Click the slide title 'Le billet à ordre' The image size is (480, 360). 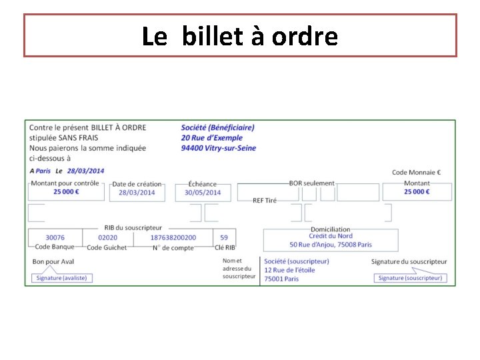coord(240,36)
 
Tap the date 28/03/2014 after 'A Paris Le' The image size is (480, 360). coord(85,171)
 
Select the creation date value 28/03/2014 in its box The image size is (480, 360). coord(137,193)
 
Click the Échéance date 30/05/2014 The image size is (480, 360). coord(203,193)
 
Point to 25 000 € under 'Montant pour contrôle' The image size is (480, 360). coord(66,192)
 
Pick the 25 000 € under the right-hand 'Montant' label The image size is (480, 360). coord(417,192)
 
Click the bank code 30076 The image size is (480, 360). coord(55,237)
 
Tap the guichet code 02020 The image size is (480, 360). coord(107,237)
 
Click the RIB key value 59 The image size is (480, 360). coord(224,237)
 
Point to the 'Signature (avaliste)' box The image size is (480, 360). coord(61,278)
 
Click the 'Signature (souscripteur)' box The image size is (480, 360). coord(410,278)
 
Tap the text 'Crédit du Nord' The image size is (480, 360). coord(331,236)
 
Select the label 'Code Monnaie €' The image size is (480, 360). coord(417,173)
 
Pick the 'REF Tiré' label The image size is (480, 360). coord(265,201)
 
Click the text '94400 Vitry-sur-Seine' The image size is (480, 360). coord(219,148)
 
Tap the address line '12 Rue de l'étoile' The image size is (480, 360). coord(289,270)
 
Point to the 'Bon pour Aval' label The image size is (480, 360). coord(53,262)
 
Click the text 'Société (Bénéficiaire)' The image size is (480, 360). coord(218,128)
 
